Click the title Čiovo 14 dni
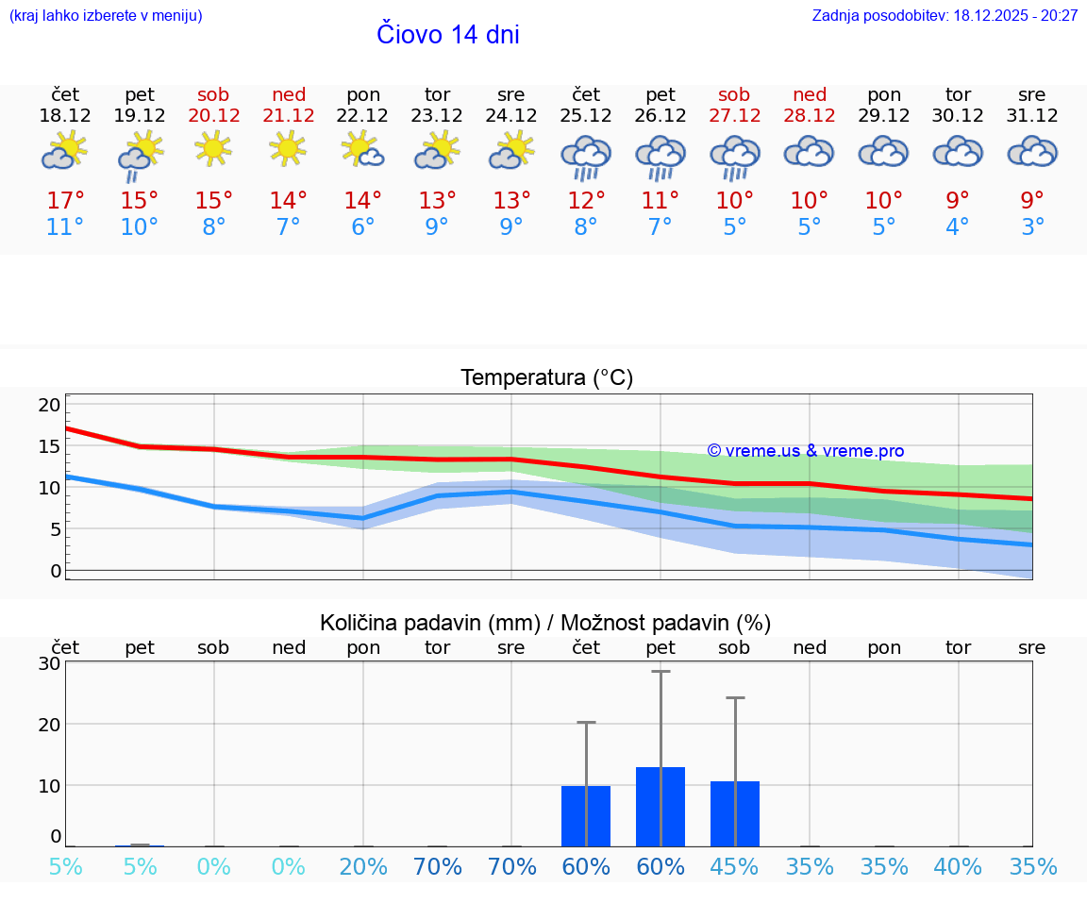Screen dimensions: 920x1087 coord(447,35)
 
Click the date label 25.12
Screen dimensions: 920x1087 coord(586,116)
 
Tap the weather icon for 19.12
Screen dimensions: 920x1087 coord(140,155)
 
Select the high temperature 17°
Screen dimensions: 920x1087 coord(65,201)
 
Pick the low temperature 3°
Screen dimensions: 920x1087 coord(1032,227)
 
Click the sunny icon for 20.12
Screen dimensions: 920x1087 coord(213,148)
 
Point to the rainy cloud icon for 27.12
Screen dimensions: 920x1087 coord(734,157)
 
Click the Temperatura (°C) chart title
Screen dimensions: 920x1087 coord(546,378)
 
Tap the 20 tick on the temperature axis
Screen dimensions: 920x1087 coord(49,405)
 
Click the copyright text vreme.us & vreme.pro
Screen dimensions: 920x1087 coord(805,451)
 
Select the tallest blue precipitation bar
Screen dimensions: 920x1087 coord(661,807)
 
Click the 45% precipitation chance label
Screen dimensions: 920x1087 coord(734,867)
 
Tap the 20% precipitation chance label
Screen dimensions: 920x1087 coord(363,867)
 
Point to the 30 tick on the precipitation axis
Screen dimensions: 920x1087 coord(49,662)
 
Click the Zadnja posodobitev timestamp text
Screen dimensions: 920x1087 coord(945,16)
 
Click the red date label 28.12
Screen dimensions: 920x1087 coord(809,116)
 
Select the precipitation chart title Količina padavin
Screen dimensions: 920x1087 coord(545,623)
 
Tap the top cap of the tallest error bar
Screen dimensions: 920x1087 coord(661,671)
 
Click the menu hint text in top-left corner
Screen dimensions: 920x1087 coord(105,16)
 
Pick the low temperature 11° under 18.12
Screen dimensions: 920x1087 coord(65,227)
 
